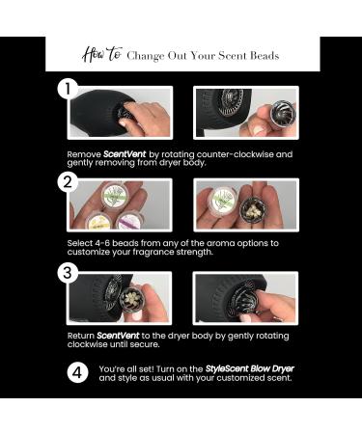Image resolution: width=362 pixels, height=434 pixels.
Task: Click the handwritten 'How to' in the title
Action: (100, 55)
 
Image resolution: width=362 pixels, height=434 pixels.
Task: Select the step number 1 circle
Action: (67, 90)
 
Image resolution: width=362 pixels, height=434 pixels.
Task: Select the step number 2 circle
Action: (67, 181)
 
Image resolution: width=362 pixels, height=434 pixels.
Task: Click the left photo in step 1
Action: (121, 113)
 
